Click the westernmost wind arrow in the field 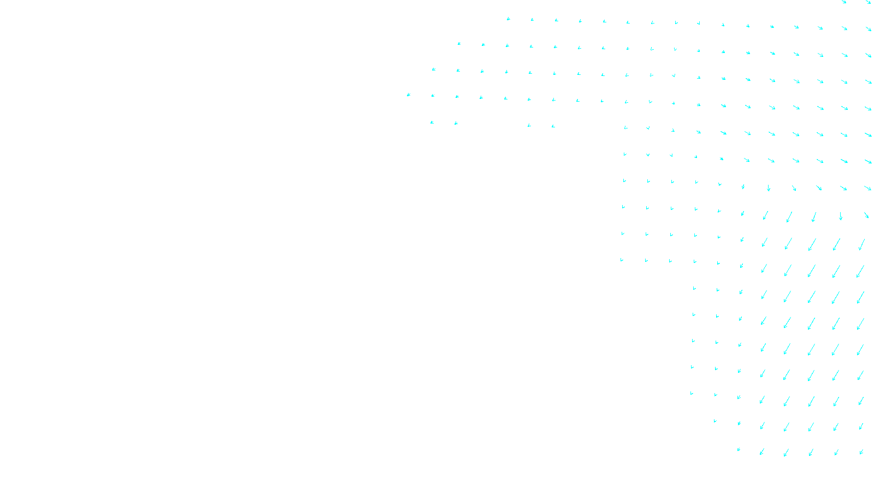point(409,95)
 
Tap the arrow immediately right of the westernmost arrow point(433,96)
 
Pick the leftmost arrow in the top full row point(508,19)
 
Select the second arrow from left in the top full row point(532,20)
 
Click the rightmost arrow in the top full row point(869,29)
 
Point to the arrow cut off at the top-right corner point(869,2)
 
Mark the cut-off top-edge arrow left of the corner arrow point(844,2)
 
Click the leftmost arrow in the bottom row point(739,450)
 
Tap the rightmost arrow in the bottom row point(861,452)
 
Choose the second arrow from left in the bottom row point(762,452)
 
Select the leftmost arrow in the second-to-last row point(715,421)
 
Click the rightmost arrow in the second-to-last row point(861,426)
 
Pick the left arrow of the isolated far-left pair point(432,122)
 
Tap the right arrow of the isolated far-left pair point(456,124)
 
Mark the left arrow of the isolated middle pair point(529,126)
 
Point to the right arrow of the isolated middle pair point(553,126)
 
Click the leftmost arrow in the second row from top point(459,43)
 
